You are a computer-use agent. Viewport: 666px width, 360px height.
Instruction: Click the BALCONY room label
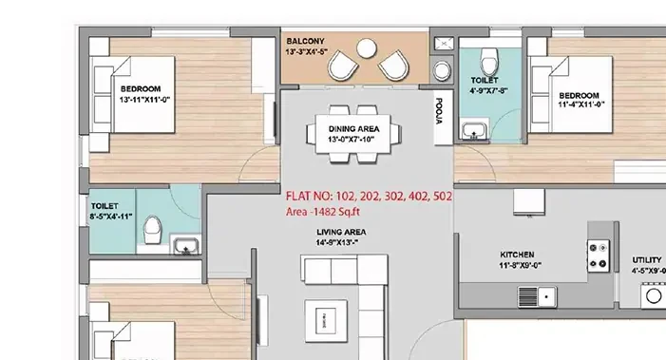pos(305,41)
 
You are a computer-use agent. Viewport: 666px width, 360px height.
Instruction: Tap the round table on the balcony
pos(366,48)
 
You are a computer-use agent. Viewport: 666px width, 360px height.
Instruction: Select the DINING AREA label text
pos(353,128)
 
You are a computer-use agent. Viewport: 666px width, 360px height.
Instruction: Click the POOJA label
pos(439,111)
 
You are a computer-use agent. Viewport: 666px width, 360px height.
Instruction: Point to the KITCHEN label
pos(517,255)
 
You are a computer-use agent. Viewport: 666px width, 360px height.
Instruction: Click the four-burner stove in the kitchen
pos(599,256)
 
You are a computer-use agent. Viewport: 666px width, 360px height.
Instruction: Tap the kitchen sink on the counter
pos(538,296)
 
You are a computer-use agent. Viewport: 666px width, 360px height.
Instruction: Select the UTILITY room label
pos(647,260)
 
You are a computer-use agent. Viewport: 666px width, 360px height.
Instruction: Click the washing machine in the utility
pos(654,295)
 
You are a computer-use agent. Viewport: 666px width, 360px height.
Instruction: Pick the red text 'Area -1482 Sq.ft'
pos(322,212)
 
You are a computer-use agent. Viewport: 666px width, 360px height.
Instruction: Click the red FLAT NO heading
pos(369,196)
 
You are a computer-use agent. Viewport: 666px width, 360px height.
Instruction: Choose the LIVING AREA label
pos(341,232)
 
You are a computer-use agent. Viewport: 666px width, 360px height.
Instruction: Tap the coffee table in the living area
pos(326,321)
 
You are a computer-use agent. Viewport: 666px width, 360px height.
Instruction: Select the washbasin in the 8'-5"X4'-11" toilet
pos(186,245)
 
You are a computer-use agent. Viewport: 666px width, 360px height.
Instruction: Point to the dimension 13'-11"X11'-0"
pos(144,100)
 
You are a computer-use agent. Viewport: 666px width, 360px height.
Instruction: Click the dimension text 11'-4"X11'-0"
pos(581,104)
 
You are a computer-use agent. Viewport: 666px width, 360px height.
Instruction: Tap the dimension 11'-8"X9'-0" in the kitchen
pos(521,266)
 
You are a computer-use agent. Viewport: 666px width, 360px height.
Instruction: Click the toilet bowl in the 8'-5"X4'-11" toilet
pos(152,230)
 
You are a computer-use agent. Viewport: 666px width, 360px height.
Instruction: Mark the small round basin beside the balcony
pos(442,70)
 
